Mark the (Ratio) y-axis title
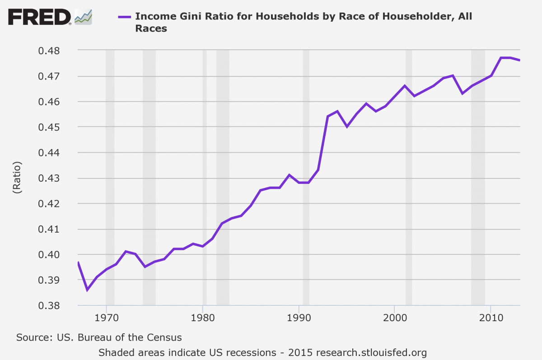pyautogui.click(x=17, y=178)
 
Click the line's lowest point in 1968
pyautogui.click(x=87, y=290)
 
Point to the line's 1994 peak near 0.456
pyautogui.click(x=337, y=111)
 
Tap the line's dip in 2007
pyautogui.click(x=462, y=94)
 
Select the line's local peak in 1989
pyautogui.click(x=289, y=175)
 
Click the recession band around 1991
pyautogui.click(x=306, y=181)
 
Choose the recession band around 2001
pyautogui.click(x=409, y=181)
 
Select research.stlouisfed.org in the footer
pyautogui.click(x=372, y=352)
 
